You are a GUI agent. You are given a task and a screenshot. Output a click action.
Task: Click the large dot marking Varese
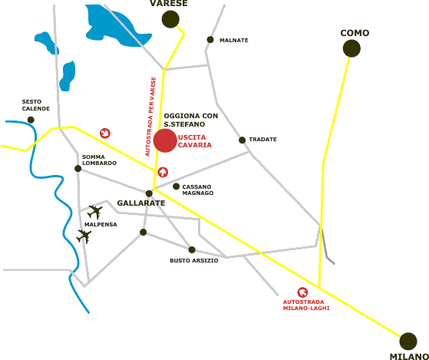[x=170, y=19]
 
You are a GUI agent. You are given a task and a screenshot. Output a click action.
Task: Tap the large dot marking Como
[x=351, y=48]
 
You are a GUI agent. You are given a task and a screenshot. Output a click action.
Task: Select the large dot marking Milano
[x=408, y=342]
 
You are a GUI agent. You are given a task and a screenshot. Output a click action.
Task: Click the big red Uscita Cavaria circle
[x=165, y=140]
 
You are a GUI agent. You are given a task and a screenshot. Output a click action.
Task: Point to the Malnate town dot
[x=210, y=40]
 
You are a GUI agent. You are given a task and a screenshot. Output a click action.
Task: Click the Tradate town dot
[x=243, y=140]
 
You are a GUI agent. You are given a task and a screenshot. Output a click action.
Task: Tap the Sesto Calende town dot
[x=31, y=120]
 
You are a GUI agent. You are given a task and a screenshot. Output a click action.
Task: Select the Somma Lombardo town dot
[x=78, y=169]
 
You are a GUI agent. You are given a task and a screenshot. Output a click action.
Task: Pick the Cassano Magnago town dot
[x=176, y=187]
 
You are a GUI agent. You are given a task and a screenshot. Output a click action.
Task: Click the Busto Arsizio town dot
[x=192, y=249]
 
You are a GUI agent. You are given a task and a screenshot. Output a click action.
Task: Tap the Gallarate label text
[x=141, y=203]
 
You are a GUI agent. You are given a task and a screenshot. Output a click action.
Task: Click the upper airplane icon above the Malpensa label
[x=94, y=213]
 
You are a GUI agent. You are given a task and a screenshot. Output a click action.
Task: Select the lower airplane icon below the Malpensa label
[x=84, y=236]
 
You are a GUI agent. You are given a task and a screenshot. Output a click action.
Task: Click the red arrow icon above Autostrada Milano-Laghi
[x=302, y=292]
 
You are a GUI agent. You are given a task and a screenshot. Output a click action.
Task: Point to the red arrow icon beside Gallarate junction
[x=163, y=172]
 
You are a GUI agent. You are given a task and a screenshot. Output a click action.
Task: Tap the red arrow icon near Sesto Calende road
[x=105, y=134]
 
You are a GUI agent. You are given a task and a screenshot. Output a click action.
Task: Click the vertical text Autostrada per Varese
[x=150, y=117]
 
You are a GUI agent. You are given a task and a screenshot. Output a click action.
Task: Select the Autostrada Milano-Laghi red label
[x=306, y=305]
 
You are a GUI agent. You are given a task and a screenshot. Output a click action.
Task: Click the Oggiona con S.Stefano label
[x=191, y=120]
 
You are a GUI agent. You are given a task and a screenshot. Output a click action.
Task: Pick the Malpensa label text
[x=101, y=225]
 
